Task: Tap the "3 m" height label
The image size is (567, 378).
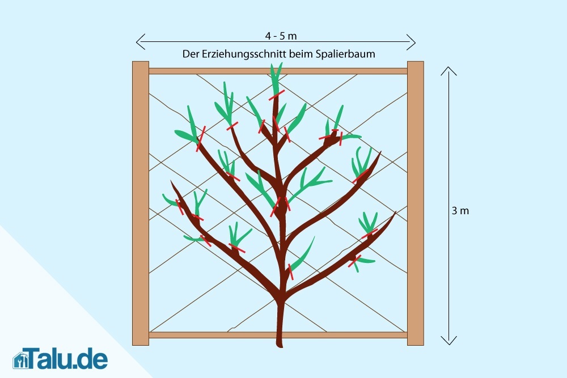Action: point(460,211)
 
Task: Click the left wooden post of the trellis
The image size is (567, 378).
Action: point(140,203)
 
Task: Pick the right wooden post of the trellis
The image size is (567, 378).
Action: point(415,203)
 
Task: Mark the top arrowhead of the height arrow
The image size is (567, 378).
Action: point(448,69)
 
